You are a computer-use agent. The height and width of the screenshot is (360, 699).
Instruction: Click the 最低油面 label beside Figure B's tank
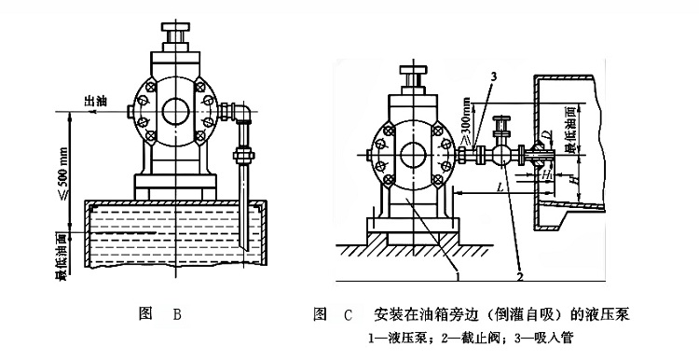(x=62, y=253)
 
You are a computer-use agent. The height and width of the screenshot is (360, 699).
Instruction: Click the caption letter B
(x=177, y=315)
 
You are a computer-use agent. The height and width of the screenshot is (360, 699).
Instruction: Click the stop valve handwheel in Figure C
(x=504, y=118)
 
